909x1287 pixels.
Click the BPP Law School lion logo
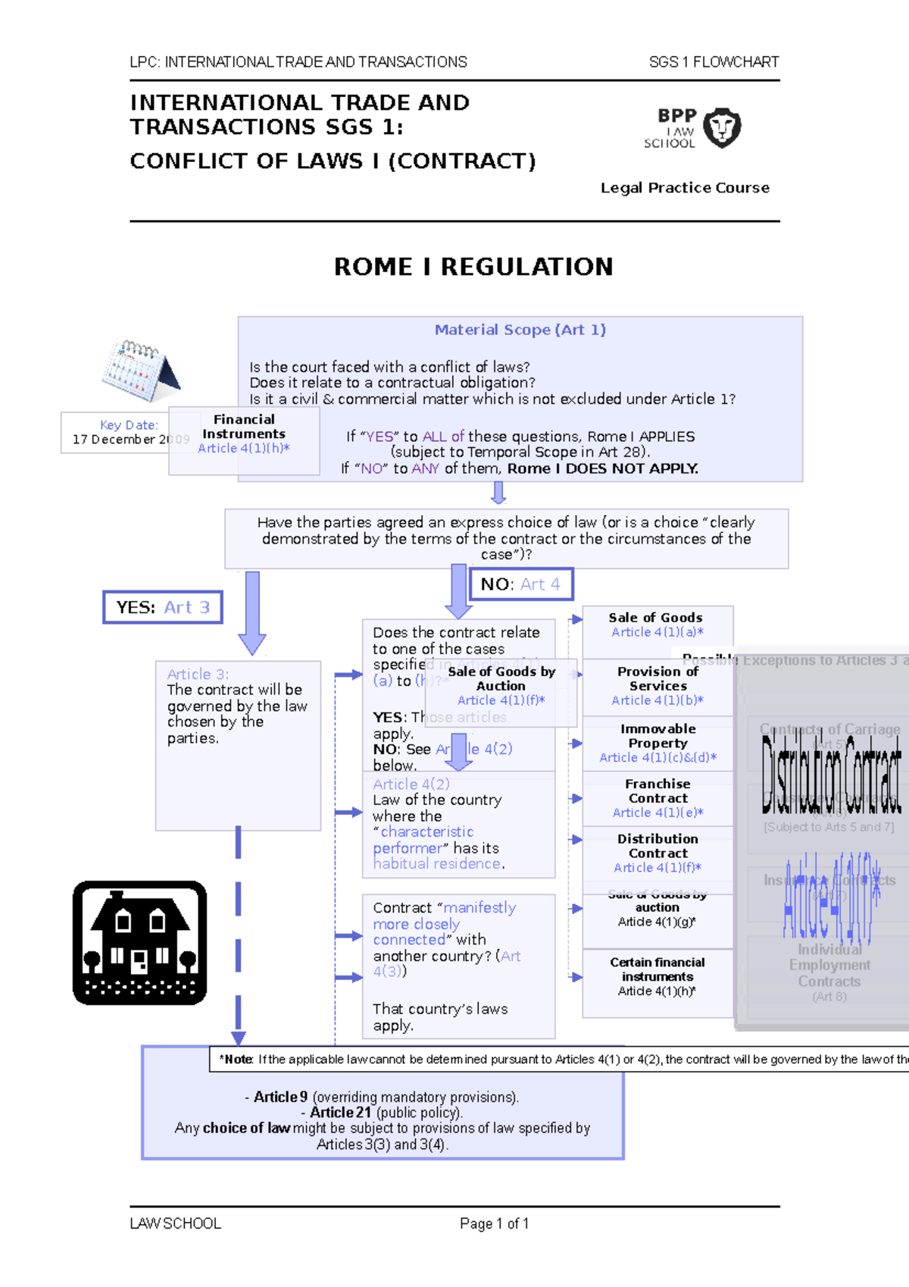coord(722,127)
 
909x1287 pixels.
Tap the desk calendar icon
coord(140,370)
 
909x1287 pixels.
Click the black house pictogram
coord(139,943)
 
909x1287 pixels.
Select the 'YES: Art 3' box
coord(163,607)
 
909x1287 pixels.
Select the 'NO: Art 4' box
coord(520,584)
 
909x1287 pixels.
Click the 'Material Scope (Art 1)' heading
coord(520,330)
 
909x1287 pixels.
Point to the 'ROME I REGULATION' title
coord(473,267)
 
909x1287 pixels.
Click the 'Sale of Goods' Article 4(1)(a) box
coord(657,625)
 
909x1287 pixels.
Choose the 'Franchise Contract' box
coord(658,798)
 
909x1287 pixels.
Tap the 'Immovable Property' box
coord(658,743)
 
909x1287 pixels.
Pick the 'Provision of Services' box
coord(658,686)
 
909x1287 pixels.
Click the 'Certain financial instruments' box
coord(657,976)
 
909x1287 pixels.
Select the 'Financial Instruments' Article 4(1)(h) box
coord(244,434)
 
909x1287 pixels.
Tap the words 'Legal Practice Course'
coord(685,188)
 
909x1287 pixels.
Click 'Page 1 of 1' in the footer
coord(494,1223)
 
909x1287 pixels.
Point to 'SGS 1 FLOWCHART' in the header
coord(714,62)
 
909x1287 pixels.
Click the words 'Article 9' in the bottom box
coord(280,1097)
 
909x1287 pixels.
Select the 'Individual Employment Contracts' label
coord(829,966)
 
